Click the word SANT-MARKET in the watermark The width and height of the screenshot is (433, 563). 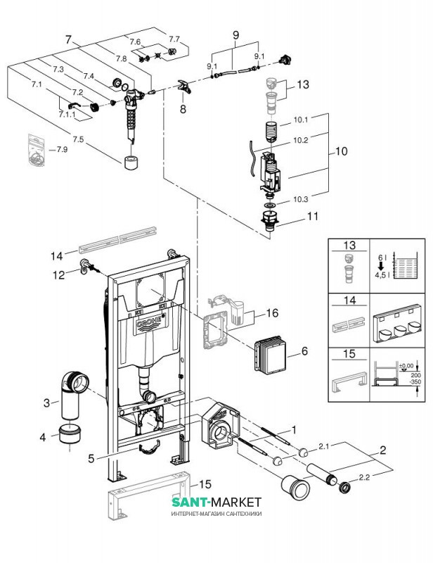[216, 502]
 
